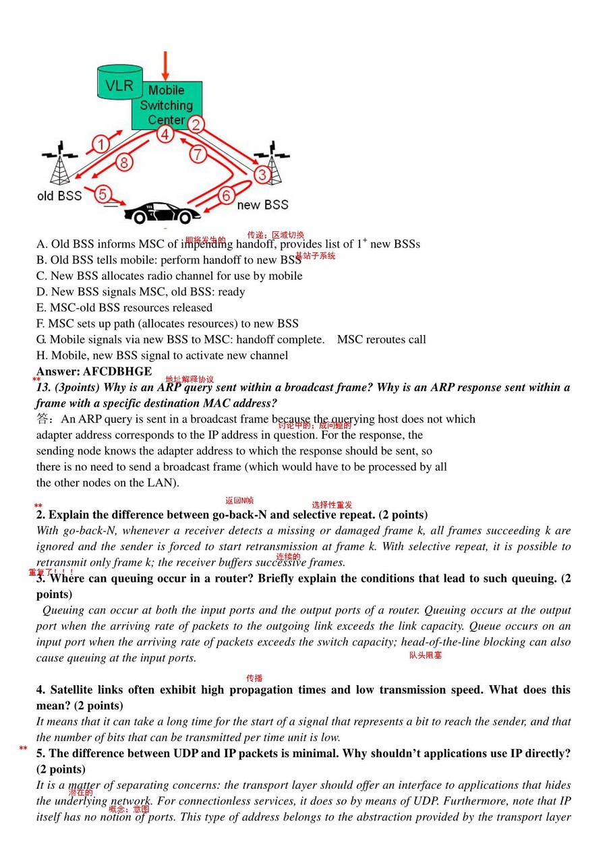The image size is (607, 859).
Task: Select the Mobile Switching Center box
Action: click(x=166, y=105)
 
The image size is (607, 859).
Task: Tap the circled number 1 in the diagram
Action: click(x=100, y=144)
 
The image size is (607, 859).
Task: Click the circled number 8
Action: click(x=124, y=162)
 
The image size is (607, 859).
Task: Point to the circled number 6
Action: click(x=226, y=196)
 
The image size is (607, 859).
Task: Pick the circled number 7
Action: click(x=198, y=154)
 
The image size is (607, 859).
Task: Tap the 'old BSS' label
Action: click(x=59, y=196)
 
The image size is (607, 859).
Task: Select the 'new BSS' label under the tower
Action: click(x=262, y=205)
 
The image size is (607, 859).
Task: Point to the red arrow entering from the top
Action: click(x=165, y=65)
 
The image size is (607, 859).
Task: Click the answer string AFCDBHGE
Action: click(x=117, y=372)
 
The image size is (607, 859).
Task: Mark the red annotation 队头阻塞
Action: click(x=425, y=655)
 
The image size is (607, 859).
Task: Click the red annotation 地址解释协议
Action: click(x=190, y=380)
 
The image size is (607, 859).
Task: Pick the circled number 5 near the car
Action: click(x=103, y=194)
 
